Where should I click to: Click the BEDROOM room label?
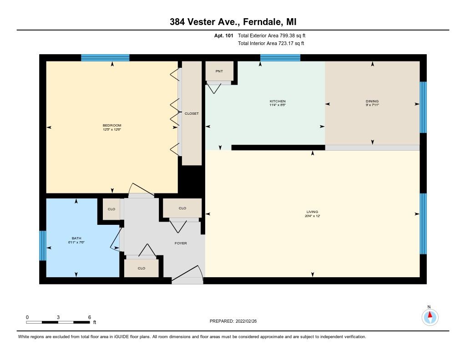coord(112,126)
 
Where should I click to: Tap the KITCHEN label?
coord(278,101)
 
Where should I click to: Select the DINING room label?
coord(372,101)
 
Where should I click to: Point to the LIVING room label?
coord(312,212)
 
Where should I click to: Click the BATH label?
coord(76,238)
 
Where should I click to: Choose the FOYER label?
coord(181,243)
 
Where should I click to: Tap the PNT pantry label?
coord(219,71)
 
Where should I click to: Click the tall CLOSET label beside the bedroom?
coord(192,114)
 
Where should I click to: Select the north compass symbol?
coord(430,317)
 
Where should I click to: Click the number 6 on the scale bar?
coord(90,317)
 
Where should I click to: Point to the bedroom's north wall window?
coord(105,58)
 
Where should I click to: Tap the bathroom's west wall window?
coord(43,246)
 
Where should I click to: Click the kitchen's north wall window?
coord(280,58)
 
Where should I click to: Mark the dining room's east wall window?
coord(423,107)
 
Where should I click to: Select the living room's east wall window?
coord(423,224)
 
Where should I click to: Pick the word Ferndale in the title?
coord(262,22)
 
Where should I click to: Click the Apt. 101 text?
coord(224,35)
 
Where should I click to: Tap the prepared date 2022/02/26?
coord(246,321)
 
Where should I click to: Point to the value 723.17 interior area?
coord(285,43)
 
